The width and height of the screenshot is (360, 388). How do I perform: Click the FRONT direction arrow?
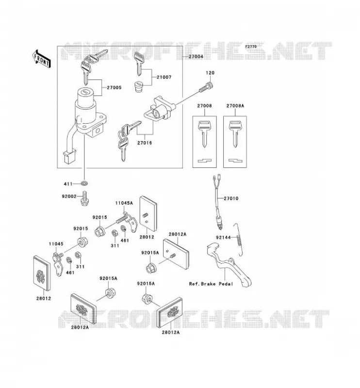coord(41,59)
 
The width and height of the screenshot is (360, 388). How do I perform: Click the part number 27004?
coord(196,56)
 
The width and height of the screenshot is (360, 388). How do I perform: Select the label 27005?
coord(114,87)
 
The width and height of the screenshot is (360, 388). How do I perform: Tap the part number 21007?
coord(164,77)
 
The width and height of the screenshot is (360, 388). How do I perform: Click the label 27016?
coord(145,143)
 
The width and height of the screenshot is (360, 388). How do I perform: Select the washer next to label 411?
coord(84,184)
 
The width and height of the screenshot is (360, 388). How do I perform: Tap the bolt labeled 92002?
coord(84,198)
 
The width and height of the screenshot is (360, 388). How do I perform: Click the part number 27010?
coord(231,198)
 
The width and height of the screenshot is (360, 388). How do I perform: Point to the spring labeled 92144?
coord(238,240)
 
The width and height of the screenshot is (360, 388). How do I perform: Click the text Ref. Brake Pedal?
coord(211,284)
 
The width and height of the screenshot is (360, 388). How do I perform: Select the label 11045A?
coord(124,203)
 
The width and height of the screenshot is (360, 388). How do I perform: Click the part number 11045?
coord(56,244)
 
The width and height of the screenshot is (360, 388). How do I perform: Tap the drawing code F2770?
coord(251,47)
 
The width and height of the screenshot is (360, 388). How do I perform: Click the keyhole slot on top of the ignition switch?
coord(85,92)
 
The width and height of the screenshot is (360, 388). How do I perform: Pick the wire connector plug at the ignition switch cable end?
coord(68,157)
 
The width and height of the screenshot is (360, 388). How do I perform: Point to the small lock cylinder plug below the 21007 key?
coord(139,87)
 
